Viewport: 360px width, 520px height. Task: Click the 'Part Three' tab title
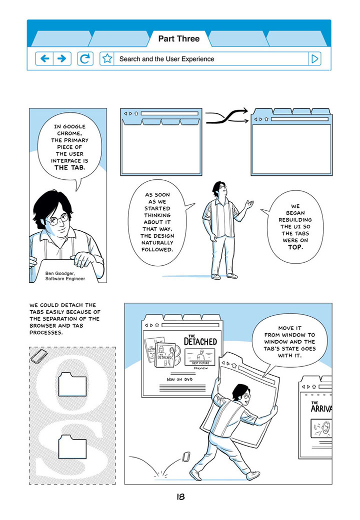tap(178, 39)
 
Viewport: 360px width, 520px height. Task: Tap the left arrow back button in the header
tap(44, 59)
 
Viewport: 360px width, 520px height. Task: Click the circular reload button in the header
tap(85, 59)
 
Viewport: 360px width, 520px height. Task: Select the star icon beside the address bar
tap(107, 59)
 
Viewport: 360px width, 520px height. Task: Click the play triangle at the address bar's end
tap(314, 59)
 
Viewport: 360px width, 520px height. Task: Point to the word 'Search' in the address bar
tap(130, 59)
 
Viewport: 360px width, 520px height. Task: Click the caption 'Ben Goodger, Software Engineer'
tap(65, 276)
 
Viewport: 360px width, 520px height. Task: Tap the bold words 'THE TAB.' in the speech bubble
tap(69, 168)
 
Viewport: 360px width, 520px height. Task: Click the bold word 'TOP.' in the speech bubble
tap(295, 247)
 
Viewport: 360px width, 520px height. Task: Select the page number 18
tap(180, 497)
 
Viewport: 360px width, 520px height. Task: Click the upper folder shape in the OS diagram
tap(72, 384)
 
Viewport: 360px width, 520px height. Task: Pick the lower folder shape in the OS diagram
tap(72, 447)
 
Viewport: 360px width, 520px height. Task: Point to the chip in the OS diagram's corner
tap(38, 356)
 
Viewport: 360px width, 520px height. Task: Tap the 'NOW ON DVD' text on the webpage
tap(179, 379)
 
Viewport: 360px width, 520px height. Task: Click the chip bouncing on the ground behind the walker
tap(186, 457)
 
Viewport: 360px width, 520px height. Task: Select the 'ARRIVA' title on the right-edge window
tap(321, 408)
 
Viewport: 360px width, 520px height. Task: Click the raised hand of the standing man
tap(249, 204)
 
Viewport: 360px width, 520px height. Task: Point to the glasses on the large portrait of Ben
tap(59, 220)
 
